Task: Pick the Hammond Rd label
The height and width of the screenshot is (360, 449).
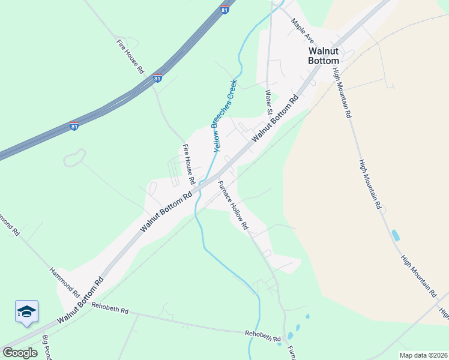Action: [64, 283]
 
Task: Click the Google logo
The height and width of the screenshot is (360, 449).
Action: [20, 352]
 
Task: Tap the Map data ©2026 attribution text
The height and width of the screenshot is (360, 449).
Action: [423, 355]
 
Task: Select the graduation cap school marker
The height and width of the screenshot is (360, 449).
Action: [26, 311]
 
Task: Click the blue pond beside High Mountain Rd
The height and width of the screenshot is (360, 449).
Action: [395, 235]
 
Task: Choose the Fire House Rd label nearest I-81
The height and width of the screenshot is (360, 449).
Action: [130, 56]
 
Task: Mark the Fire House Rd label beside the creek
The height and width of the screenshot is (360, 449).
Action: [189, 164]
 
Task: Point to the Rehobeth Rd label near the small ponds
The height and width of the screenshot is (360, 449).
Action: [263, 337]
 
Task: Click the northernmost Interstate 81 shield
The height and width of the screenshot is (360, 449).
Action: [224, 11]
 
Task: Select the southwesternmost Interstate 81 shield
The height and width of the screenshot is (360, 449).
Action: [73, 127]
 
